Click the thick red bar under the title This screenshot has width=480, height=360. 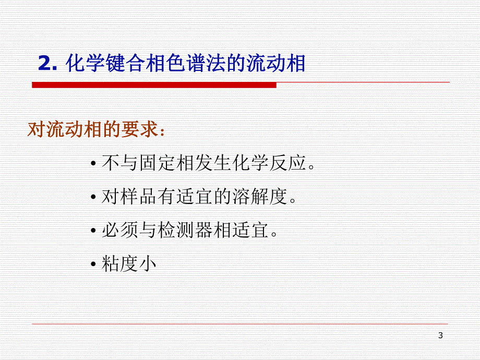click(x=154, y=85)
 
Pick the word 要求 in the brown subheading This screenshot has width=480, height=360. click(x=140, y=129)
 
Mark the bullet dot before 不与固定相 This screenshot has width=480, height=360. click(x=93, y=165)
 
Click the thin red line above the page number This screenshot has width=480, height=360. click(x=240, y=324)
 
